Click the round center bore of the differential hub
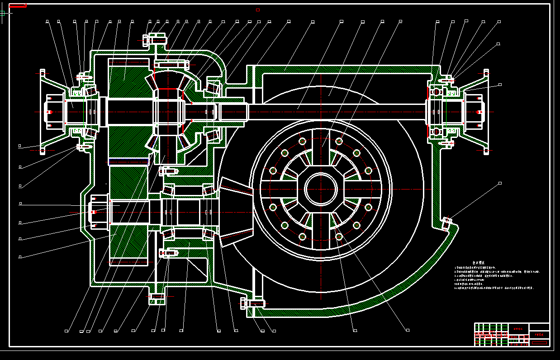coord(321,189)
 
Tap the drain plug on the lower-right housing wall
coord(447,223)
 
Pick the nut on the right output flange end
coord(479,112)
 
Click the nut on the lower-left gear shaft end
coord(94,212)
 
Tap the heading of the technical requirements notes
coord(479,262)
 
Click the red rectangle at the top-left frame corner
coord(18,6)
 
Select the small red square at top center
coord(258,9)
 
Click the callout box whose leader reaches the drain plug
coord(500,183)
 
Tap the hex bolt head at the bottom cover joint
coord(244,303)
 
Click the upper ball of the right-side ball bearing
coord(436,92)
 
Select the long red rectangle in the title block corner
coord(540,344)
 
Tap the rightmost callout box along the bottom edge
coord(408,330)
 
